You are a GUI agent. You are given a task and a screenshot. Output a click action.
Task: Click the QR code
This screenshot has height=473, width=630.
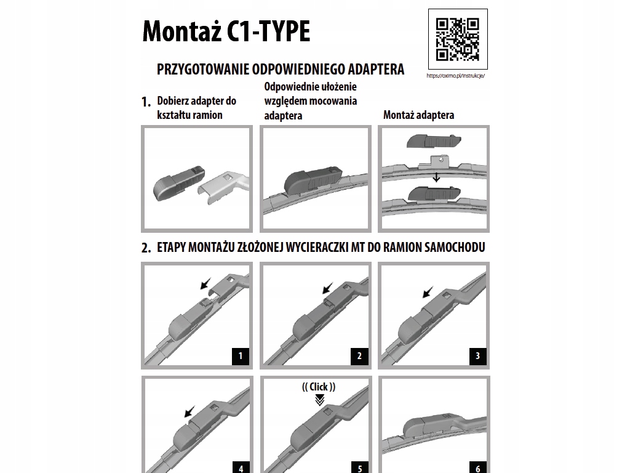(457, 39)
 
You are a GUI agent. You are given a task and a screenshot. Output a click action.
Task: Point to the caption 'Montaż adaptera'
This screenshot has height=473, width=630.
(418, 115)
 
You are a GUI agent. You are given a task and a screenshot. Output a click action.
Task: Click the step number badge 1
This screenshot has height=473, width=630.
(241, 355)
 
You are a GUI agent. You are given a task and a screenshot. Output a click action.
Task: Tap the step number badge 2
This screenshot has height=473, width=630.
(359, 355)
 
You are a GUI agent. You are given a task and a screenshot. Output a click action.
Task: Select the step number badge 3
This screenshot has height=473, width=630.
(477, 355)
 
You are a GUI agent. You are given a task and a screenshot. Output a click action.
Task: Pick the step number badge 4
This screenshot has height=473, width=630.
(241, 467)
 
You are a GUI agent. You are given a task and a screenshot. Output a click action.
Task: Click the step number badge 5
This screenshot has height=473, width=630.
(359, 467)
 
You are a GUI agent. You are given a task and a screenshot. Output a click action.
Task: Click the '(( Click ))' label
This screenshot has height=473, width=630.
(319, 387)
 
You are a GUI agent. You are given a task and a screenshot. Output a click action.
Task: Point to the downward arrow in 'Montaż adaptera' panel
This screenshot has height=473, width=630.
(436, 178)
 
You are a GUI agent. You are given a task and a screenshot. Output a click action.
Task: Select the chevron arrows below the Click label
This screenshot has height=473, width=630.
(319, 400)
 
